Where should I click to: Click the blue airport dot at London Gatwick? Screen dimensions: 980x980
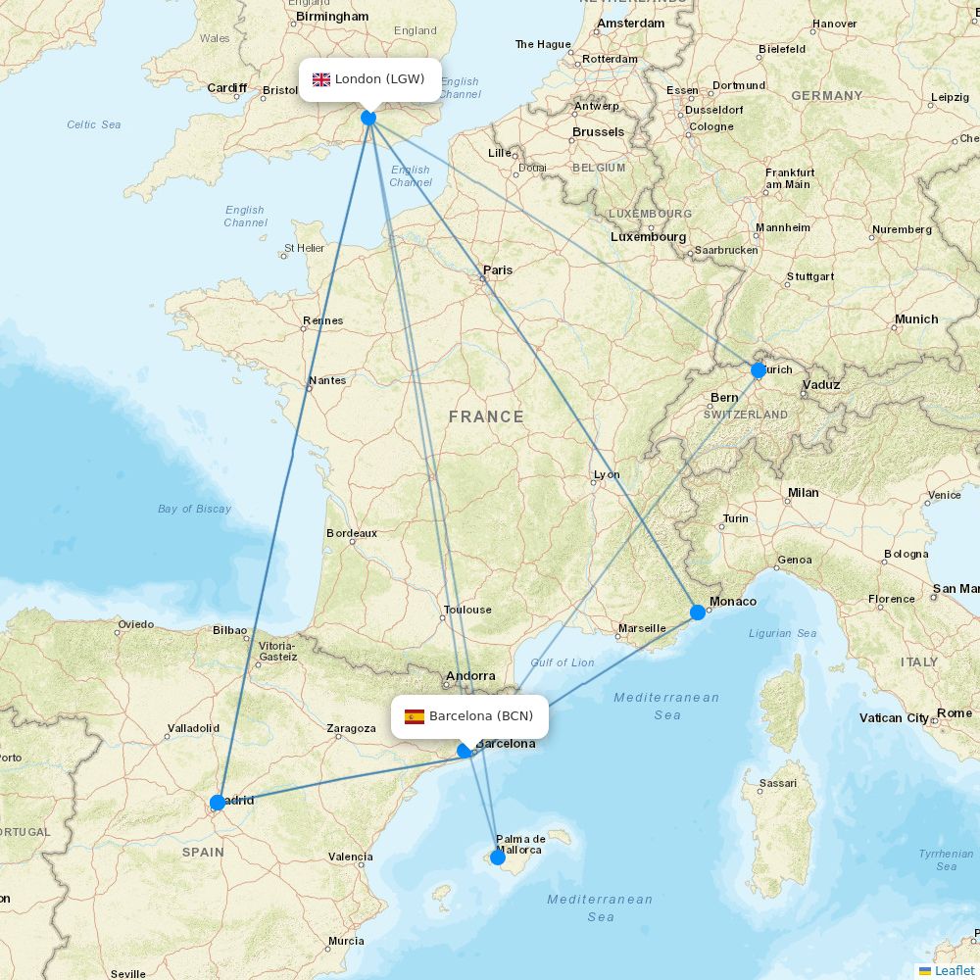point(368,118)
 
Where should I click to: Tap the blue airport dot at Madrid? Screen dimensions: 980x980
point(218,803)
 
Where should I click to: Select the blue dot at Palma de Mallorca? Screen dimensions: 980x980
point(497,857)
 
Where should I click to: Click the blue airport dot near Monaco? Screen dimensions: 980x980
point(698,612)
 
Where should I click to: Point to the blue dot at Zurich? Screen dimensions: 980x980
point(758,370)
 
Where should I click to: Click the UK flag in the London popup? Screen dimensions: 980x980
point(321,79)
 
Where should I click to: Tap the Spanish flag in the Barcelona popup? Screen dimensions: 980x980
point(415,716)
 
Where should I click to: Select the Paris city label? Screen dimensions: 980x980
point(497,269)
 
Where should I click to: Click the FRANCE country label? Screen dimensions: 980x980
point(486,416)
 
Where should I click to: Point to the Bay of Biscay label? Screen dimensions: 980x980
point(194,509)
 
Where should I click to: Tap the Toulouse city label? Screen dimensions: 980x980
point(467,610)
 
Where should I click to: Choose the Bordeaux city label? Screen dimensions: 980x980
point(352,533)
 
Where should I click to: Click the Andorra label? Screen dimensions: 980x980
point(470,676)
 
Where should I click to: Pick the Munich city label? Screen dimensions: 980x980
point(915,319)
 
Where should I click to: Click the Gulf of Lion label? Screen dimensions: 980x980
point(563,662)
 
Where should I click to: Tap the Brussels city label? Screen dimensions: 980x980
point(598,131)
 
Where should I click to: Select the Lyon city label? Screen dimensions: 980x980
point(607,474)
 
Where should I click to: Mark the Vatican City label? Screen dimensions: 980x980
point(894,718)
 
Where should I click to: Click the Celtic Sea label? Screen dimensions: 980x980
point(94,124)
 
